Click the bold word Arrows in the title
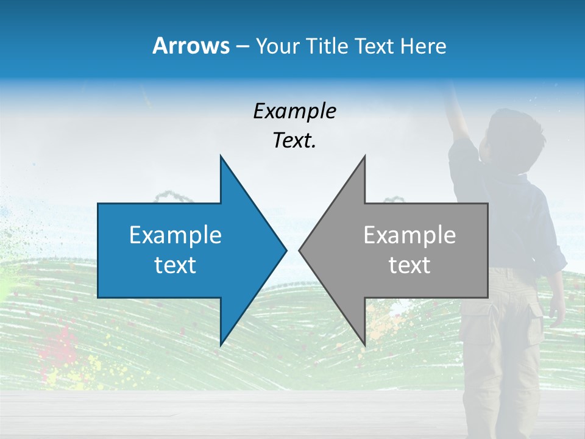pyautogui.click(x=191, y=46)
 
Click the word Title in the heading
pyautogui.click(x=326, y=46)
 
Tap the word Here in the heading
pyautogui.click(x=423, y=46)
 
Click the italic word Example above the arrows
pyautogui.click(x=294, y=112)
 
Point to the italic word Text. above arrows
pyautogui.click(x=294, y=141)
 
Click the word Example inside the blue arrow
pyautogui.click(x=175, y=235)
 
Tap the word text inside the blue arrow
pyautogui.click(x=175, y=265)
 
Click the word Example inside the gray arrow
pyautogui.click(x=409, y=235)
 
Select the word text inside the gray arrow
pyautogui.click(x=409, y=265)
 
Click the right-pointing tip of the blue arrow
pyautogui.click(x=285, y=250)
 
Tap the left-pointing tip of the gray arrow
pyautogui.click(x=300, y=250)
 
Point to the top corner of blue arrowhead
pyautogui.click(x=221, y=157)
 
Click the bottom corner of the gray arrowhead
pyautogui.click(x=364, y=344)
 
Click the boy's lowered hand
pyautogui.click(x=556, y=314)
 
